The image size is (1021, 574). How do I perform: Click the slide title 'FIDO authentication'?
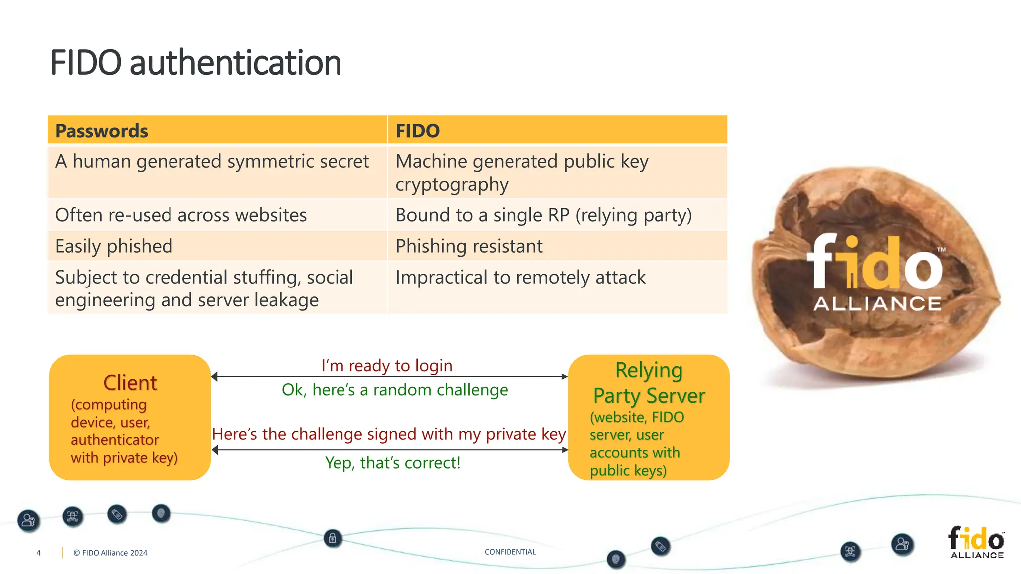point(195,63)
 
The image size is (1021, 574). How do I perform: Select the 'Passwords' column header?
point(102,131)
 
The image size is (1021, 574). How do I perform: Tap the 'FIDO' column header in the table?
point(417,131)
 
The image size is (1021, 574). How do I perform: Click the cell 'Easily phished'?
point(114,246)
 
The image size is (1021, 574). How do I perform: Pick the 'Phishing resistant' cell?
point(469,246)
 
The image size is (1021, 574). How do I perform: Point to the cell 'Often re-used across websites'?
point(181,215)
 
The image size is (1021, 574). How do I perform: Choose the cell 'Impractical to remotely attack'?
point(520,277)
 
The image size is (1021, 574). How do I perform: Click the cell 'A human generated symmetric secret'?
point(212,162)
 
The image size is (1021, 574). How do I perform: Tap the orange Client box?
point(130,418)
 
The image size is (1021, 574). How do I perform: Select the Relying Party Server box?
point(649,418)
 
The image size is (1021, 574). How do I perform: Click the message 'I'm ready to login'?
point(387,366)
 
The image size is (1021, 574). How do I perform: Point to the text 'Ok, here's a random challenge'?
point(394,390)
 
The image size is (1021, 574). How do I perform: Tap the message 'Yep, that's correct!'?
point(392,463)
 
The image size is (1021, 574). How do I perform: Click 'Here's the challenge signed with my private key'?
point(389,434)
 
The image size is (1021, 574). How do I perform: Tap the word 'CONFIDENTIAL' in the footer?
point(510,552)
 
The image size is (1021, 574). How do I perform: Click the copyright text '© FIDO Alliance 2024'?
point(110,553)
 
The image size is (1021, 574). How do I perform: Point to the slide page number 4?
point(38,553)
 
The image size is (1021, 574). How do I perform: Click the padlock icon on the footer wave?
point(333,538)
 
